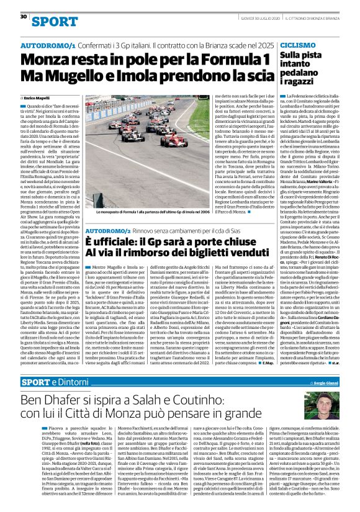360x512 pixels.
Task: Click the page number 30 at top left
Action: [24, 17]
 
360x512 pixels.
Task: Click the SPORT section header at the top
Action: [50, 22]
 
